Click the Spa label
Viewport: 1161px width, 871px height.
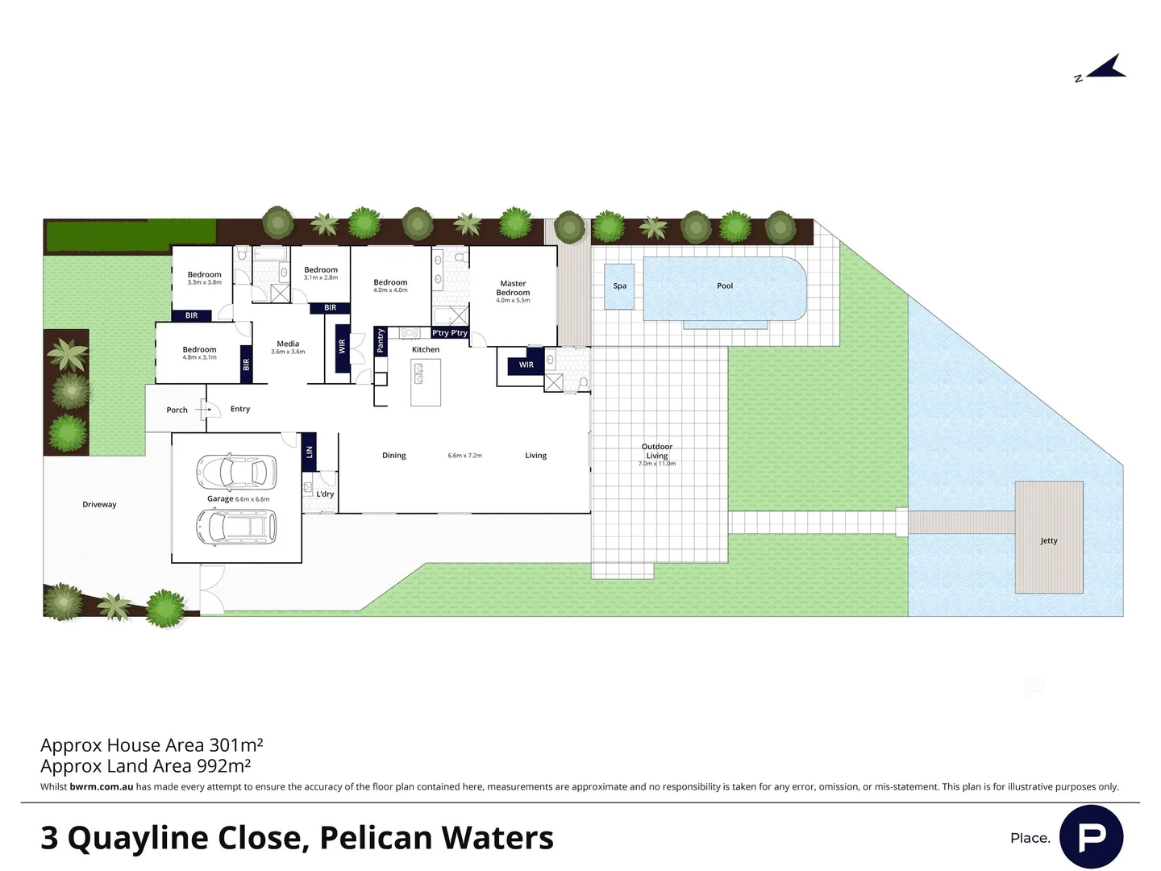click(619, 285)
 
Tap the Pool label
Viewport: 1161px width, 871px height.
click(725, 285)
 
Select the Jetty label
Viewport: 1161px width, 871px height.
click(1048, 540)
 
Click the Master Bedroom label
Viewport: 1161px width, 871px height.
click(513, 288)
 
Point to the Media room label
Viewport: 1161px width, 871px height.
click(288, 344)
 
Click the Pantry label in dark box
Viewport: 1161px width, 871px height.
click(381, 340)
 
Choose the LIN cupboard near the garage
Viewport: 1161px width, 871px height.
click(309, 452)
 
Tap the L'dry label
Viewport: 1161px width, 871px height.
click(325, 494)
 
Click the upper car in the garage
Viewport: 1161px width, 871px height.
click(236, 473)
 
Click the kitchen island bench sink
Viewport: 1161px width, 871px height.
click(419, 373)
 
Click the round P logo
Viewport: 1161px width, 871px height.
click(1091, 836)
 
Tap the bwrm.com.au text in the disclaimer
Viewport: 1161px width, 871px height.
click(101, 786)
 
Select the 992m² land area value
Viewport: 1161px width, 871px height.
click(223, 765)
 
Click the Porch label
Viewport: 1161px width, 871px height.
click(177, 410)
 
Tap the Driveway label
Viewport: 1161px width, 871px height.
click(99, 504)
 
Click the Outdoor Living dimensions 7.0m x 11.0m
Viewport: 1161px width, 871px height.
click(656, 464)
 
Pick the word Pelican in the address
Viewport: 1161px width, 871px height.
click(376, 838)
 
